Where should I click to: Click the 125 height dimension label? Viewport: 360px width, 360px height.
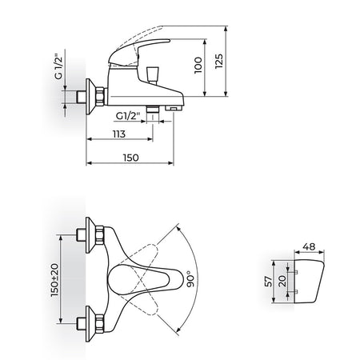(219, 62)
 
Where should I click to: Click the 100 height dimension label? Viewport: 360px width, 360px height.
(198, 66)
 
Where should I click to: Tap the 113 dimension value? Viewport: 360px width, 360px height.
(119, 134)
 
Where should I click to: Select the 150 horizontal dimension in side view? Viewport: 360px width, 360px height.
(131, 158)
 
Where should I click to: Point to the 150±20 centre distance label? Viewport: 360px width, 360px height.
(54, 280)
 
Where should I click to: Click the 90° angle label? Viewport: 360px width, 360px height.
(190, 279)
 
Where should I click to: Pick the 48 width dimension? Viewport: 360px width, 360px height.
(309, 246)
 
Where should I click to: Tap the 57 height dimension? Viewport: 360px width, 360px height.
(269, 282)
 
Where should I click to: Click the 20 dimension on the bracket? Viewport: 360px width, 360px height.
(282, 281)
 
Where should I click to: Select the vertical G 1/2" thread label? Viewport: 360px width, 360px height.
(58, 66)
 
